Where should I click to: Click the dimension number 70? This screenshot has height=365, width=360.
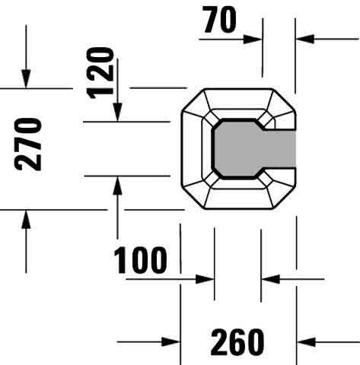click(220, 20)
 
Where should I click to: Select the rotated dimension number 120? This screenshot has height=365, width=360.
click(100, 73)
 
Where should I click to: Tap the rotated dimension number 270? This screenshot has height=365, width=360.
click(28, 144)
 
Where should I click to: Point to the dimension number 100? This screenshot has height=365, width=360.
click(140, 260)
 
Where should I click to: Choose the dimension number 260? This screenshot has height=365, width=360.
click(237, 342)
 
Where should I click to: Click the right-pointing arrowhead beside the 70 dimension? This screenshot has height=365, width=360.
click(253, 40)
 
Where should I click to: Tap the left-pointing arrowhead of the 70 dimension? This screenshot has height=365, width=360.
click(305, 39)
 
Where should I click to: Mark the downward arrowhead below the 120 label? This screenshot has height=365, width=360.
click(117, 113)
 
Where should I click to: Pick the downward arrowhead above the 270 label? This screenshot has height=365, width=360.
click(26, 79)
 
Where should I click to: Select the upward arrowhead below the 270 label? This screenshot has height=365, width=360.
click(26, 220)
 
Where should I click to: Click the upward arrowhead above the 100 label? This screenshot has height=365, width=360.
click(117, 186)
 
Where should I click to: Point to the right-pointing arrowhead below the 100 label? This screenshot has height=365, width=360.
click(205, 279)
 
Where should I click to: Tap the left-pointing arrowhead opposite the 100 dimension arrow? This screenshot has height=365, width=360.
click(270, 279)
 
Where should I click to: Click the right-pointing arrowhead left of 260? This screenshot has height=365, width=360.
click(170, 342)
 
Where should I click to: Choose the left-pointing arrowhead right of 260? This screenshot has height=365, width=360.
click(306, 342)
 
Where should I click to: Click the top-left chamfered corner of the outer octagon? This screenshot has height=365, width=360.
click(193, 100)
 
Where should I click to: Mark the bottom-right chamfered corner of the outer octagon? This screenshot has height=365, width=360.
click(284, 198)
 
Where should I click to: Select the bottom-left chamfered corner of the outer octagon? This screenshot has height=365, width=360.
click(193, 198)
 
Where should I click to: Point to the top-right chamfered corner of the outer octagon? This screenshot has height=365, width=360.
click(284, 100)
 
